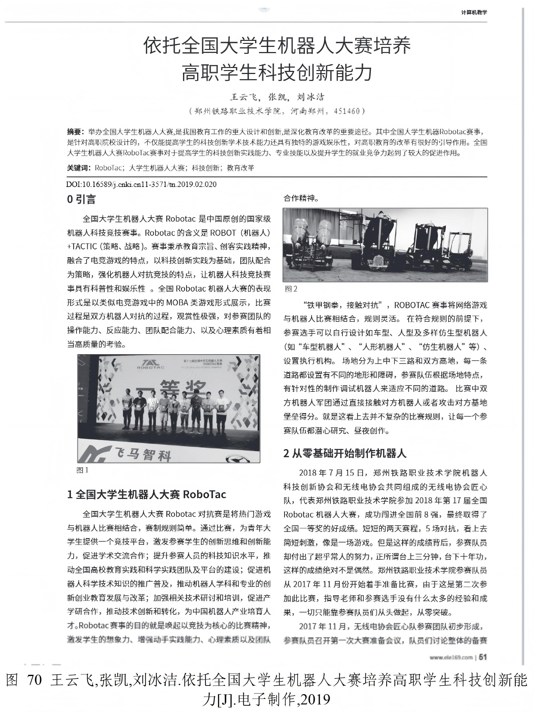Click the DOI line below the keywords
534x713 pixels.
pos(141,184)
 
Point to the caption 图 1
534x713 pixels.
pos(82,470)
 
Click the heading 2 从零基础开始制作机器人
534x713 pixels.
pos(345,454)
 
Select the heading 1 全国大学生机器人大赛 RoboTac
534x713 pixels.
pos(147,494)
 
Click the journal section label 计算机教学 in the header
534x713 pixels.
pos(474,13)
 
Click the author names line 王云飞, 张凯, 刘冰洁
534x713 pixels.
pos(277,97)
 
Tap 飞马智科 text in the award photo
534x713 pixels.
pos(142,454)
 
